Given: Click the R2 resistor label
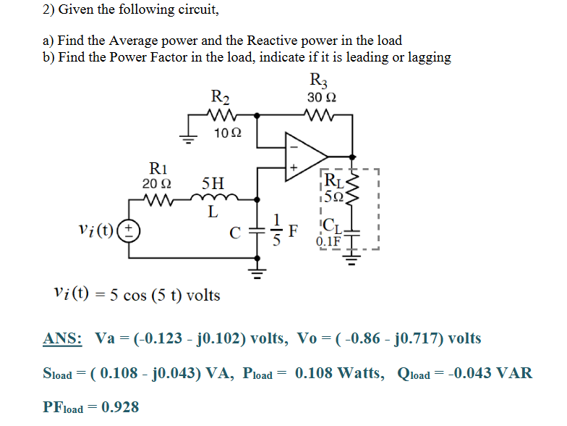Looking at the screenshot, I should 219,96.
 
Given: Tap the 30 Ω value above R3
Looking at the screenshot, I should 321,97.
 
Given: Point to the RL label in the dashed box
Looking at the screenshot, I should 336,181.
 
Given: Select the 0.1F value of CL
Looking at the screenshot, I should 329,241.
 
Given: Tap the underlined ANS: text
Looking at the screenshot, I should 62,338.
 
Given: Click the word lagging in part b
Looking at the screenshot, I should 428,57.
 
